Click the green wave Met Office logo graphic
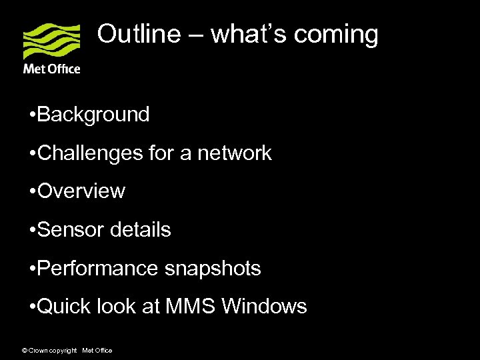(x=51, y=41)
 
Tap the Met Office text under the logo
(x=51, y=69)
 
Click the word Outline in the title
(x=139, y=34)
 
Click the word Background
(x=93, y=115)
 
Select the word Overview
(x=81, y=191)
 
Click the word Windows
(x=264, y=307)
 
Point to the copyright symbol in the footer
(x=25, y=350)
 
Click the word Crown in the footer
(x=39, y=350)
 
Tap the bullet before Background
(x=33, y=115)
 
